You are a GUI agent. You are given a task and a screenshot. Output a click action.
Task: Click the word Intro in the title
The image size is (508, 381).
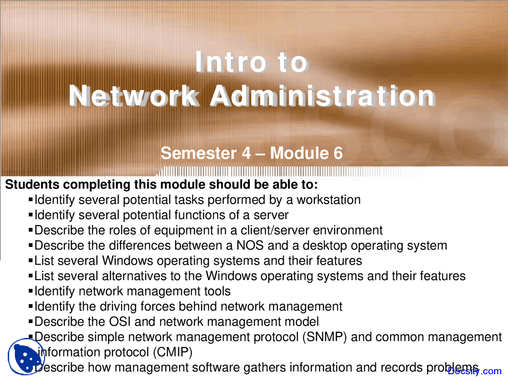click(231, 62)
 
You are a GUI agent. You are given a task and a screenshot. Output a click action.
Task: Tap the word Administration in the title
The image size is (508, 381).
click(322, 96)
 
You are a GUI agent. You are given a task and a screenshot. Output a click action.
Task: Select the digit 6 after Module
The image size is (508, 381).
click(338, 153)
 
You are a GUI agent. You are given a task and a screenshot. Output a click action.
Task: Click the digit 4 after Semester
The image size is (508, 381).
click(246, 153)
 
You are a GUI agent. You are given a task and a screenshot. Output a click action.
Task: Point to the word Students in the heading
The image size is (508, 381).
click(32, 185)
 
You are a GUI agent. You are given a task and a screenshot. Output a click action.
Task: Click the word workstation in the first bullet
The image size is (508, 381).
click(329, 200)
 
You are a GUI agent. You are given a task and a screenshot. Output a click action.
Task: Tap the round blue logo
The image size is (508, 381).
click(25, 356)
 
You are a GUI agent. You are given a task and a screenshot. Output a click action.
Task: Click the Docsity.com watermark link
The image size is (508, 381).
click(475, 371)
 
